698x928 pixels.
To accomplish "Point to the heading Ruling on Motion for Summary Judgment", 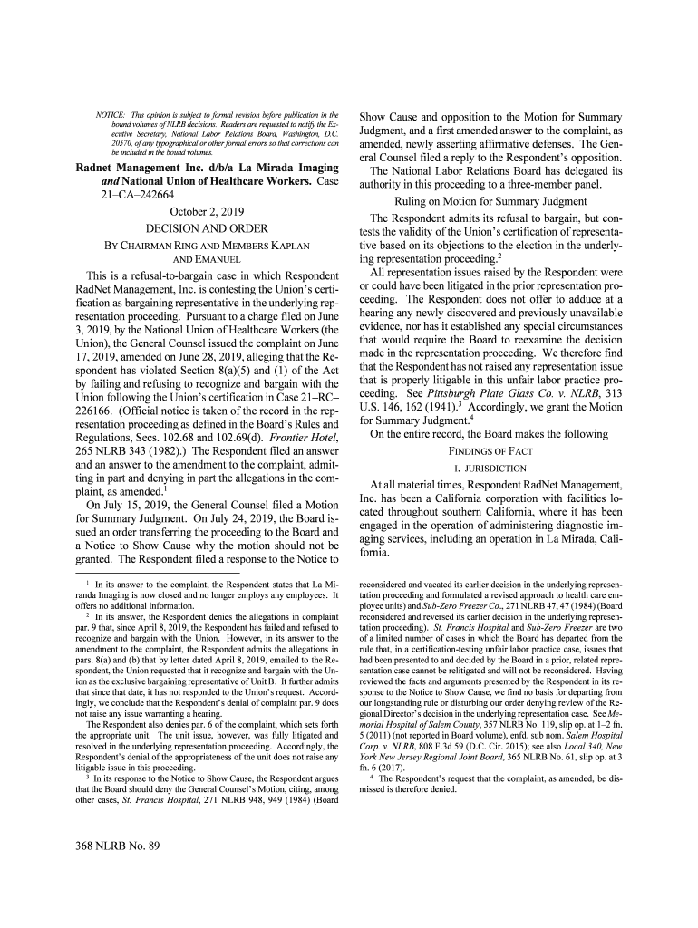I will (490, 201).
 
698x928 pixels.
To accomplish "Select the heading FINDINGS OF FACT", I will (490, 450).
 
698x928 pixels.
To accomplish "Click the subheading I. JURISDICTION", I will (490, 468).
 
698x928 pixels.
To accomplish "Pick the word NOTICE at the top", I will (111, 116).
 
